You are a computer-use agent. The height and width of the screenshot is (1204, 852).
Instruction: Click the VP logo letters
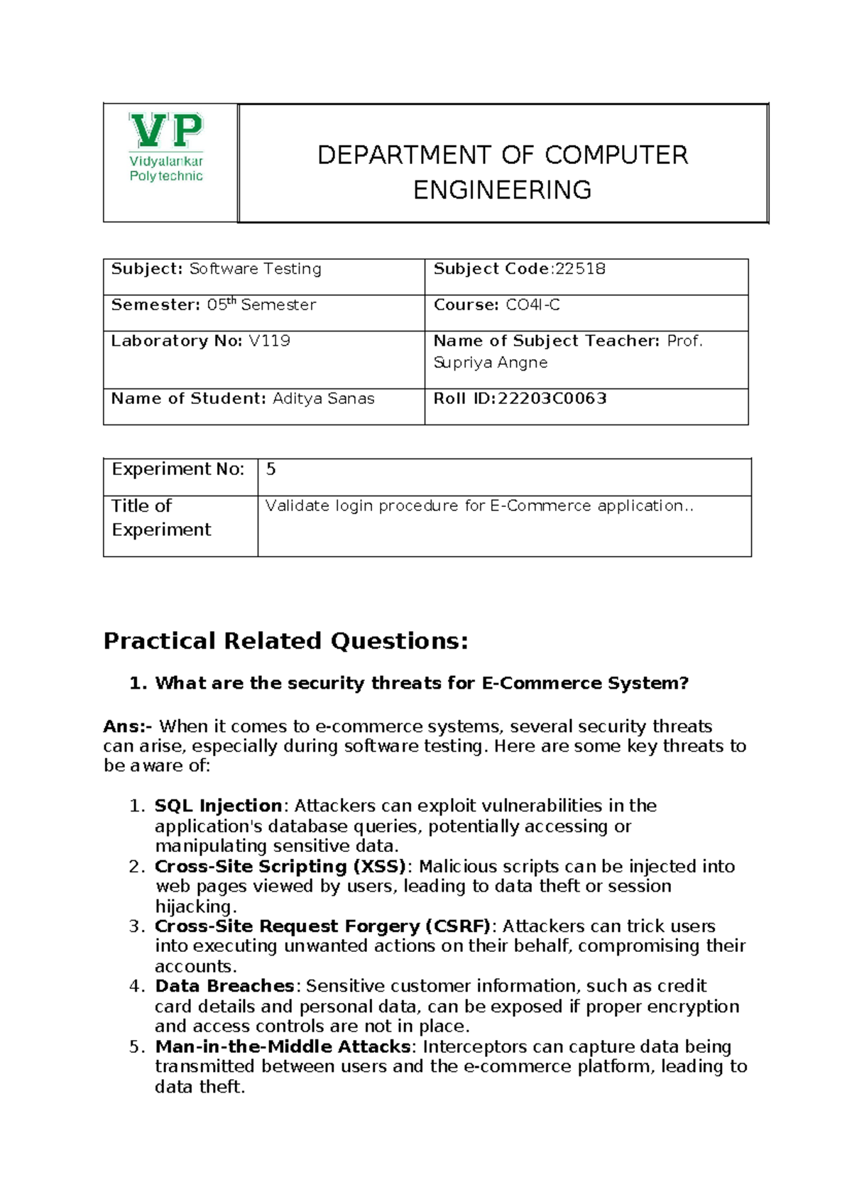pyautogui.click(x=166, y=131)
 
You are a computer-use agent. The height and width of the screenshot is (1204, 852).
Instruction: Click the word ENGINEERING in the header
pyautogui.click(x=502, y=190)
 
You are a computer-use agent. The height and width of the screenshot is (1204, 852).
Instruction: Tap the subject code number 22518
pyautogui.click(x=580, y=269)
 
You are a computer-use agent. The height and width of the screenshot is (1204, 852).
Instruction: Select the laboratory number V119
pyautogui.click(x=269, y=341)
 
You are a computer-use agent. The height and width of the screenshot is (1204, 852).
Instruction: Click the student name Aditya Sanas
pyautogui.click(x=323, y=398)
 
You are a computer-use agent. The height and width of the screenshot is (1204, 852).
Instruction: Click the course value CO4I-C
pyautogui.click(x=532, y=305)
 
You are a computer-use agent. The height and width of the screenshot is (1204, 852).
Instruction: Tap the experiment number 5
pyautogui.click(x=271, y=469)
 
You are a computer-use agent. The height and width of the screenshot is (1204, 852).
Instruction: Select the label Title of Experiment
pyautogui.click(x=161, y=518)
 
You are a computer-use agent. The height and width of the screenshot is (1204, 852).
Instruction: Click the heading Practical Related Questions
pyautogui.click(x=285, y=641)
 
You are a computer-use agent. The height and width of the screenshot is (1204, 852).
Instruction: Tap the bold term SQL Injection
pyautogui.click(x=219, y=806)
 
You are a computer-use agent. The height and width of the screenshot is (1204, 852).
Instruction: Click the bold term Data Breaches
pyautogui.click(x=224, y=986)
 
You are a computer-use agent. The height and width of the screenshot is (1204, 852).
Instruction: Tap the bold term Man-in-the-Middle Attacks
pyautogui.click(x=283, y=1046)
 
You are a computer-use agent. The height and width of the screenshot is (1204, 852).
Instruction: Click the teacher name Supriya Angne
pyautogui.click(x=491, y=363)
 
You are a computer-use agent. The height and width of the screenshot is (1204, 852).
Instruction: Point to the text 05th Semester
pyautogui.click(x=261, y=305)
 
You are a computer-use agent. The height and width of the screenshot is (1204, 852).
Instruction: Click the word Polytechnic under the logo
pyautogui.click(x=166, y=176)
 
